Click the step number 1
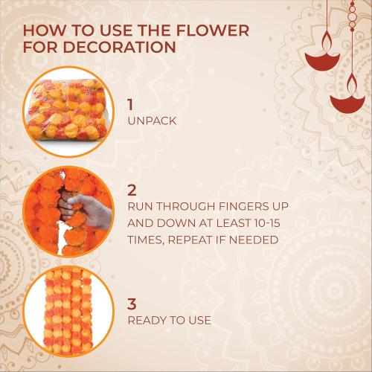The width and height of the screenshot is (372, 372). [132, 104]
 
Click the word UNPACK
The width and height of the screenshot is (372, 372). [153, 120]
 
